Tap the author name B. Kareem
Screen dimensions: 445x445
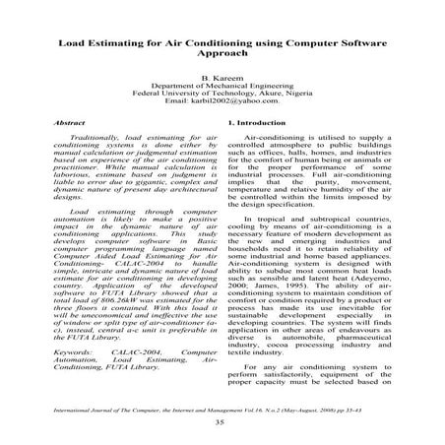point(222,104)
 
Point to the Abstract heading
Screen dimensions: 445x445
point(61,151)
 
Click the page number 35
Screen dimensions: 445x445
point(222,421)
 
